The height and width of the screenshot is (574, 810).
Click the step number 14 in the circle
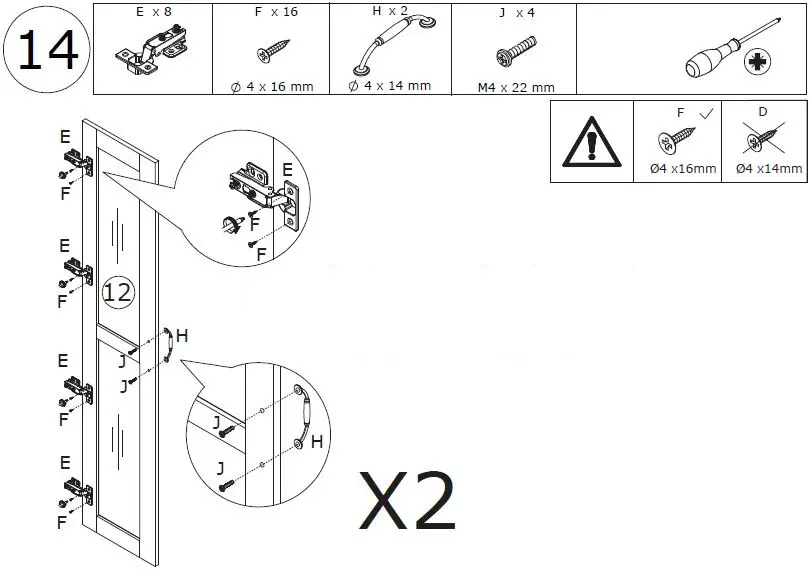(x=47, y=49)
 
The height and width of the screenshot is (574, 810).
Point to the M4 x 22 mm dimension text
(x=515, y=87)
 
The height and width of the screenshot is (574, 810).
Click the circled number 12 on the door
(x=117, y=293)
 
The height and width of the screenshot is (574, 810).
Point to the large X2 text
(x=408, y=500)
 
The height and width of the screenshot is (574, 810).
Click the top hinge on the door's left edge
(x=78, y=157)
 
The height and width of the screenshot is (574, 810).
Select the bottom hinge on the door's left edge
(x=78, y=489)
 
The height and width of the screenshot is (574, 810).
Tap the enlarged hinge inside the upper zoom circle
(x=262, y=189)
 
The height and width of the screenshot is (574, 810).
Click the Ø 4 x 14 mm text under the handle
(x=389, y=86)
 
